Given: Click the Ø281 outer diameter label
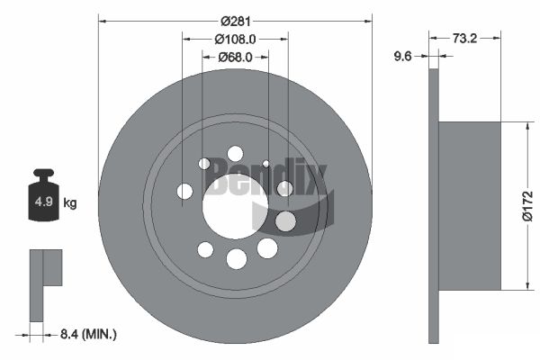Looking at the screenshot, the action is (236, 22).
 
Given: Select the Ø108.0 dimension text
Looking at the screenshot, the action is (235, 40).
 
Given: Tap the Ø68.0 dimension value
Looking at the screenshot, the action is (235, 57).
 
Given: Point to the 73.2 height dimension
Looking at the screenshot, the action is (464, 38).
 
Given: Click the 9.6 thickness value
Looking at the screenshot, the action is (402, 56).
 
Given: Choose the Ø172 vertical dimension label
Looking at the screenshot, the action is (527, 206).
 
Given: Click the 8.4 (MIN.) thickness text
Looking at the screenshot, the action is (88, 334).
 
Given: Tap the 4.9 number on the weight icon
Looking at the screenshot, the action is (44, 202).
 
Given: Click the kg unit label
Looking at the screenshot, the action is (70, 202).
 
